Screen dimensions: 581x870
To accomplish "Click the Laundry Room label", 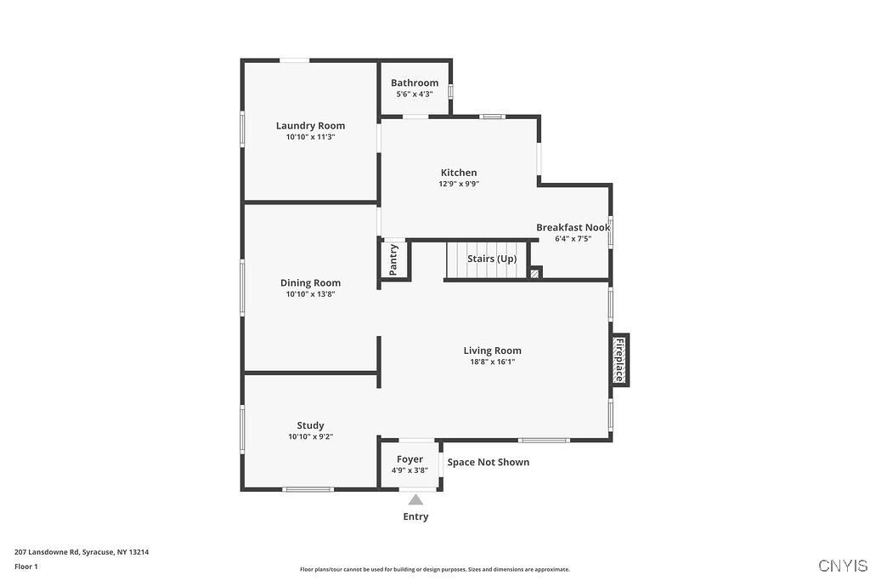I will click(310, 126).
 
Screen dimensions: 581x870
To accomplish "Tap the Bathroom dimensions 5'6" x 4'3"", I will click(415, 94).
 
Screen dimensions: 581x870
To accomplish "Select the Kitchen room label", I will click(459, 173).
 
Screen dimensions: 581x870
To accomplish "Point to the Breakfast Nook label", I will click(573, 227).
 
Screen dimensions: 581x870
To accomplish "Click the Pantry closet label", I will click(393, 259).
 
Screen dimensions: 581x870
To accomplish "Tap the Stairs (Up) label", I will click(492, 259).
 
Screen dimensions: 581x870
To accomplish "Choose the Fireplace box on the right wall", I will click(620, 359).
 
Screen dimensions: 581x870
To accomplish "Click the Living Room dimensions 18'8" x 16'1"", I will click(492, 362).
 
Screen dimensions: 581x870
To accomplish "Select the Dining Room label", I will click(310, 283).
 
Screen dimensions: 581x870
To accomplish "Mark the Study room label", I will click(310, 425).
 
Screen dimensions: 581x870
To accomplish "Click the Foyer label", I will click(410, 459).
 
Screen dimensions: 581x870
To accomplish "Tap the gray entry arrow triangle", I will click(415, 500).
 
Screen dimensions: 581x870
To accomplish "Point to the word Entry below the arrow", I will click(415, 516).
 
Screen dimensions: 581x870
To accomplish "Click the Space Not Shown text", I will click(489, 462).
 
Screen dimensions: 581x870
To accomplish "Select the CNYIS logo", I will click(843, 566).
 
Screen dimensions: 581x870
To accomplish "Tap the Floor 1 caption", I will click(26, 566).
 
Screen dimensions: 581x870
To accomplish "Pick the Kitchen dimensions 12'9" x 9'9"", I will click(459, 184).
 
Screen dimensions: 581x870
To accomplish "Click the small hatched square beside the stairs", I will click(535, 273).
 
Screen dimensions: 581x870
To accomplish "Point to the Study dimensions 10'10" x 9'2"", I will click(310, 436).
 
